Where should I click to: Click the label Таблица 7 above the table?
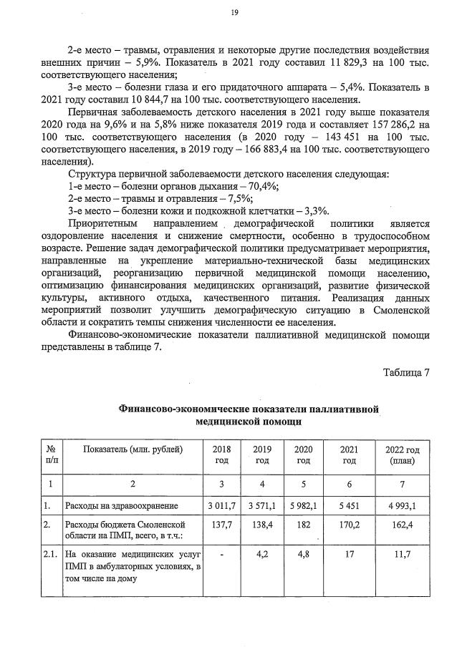[405, 373]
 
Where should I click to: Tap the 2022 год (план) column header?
[401, 455]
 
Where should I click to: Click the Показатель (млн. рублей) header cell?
[133, 449]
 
